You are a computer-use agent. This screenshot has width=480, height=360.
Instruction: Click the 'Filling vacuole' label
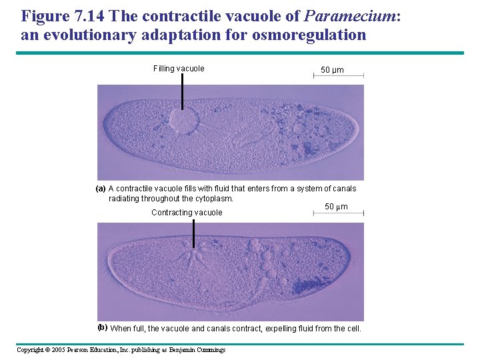179,69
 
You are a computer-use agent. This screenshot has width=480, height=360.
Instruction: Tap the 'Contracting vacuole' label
187,213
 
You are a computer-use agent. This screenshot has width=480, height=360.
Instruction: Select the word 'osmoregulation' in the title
309,35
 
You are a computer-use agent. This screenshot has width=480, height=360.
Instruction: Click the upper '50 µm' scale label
332,70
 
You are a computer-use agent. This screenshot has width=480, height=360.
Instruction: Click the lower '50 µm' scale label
336,207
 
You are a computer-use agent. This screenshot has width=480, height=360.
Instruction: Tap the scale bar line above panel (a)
338,77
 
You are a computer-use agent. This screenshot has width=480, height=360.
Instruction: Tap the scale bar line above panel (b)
338,213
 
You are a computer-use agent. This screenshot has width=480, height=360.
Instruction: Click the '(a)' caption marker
100,189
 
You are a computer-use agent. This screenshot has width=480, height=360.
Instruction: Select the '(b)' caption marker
102,327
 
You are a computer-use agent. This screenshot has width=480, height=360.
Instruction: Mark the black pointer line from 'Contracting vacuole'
193,233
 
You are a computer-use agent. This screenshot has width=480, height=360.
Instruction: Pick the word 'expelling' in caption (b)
283,329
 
